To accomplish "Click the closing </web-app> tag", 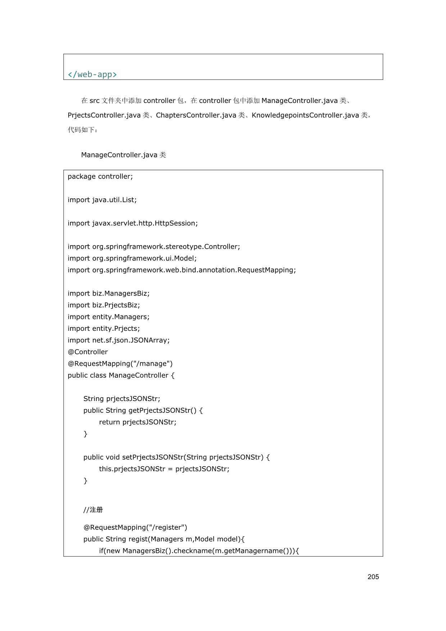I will (92, 75).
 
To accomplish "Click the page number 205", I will (373, 577).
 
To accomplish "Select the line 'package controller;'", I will (100, 176).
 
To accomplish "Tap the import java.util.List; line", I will (102, 200).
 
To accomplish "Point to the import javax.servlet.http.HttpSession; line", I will (133, 223).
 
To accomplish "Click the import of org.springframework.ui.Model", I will (132, 258).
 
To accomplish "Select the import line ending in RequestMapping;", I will (182, 270).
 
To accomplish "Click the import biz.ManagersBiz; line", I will (109, 293).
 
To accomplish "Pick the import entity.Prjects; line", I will (104, 329).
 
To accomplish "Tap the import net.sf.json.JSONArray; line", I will (119, 340).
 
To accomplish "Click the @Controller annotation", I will (88, 352).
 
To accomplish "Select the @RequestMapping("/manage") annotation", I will (120, 364).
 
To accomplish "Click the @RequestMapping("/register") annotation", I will (135, 527).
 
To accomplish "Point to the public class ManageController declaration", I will (121, 375).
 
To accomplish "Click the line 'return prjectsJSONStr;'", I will (138, 422).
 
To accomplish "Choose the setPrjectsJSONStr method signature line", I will (177, 457).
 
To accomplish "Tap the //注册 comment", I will (93, 510).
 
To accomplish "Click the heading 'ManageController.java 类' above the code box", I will (123, 155).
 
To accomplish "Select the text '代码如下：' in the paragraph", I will (83, 130).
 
